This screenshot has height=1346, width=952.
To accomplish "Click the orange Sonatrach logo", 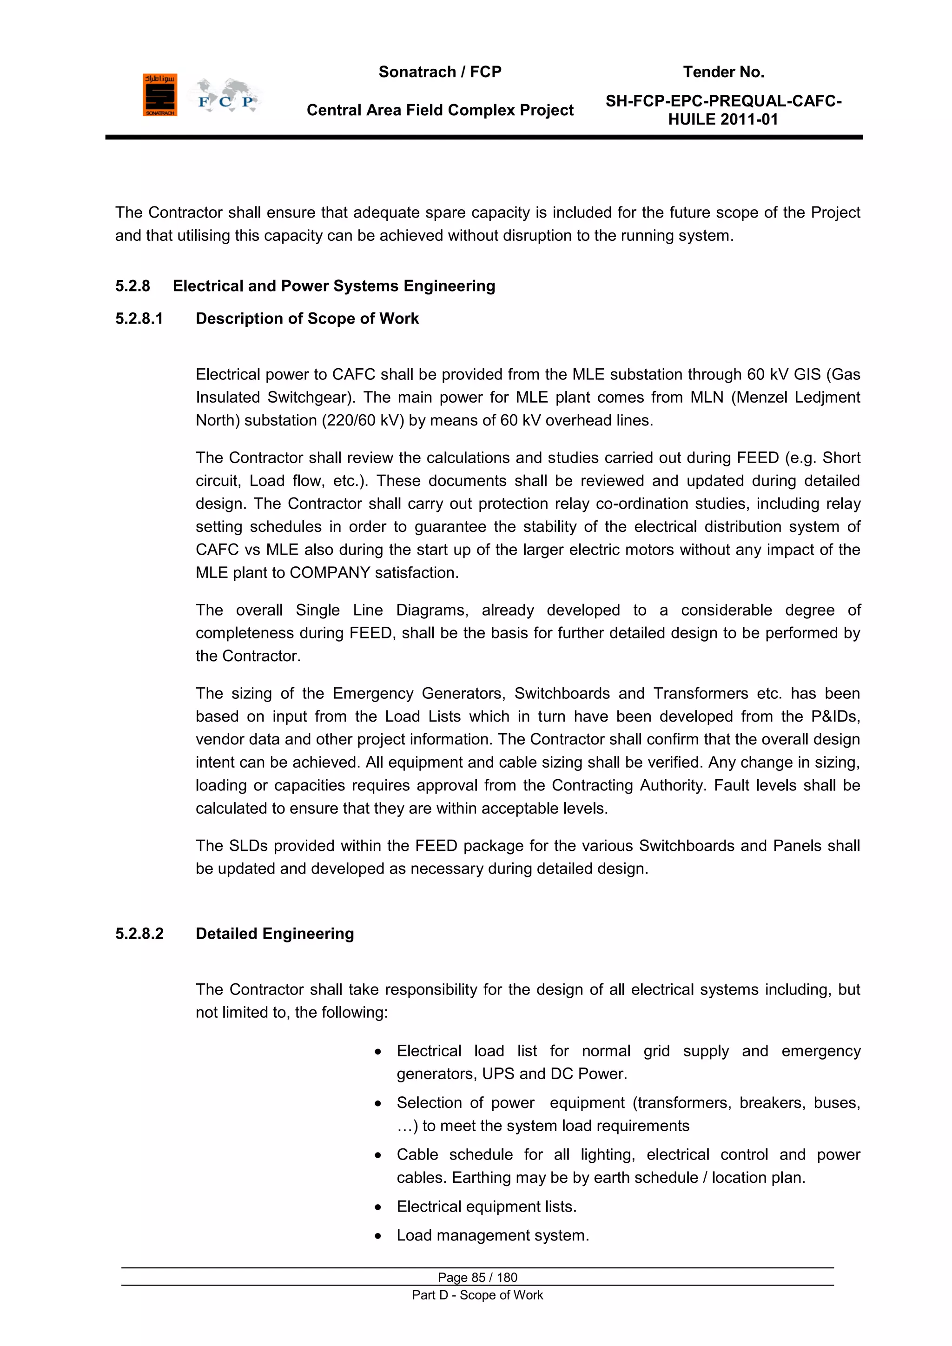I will pos(159,95).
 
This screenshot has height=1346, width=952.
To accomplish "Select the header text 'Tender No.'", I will pos(723,72).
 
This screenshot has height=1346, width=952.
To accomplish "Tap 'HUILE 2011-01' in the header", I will pos(723,119).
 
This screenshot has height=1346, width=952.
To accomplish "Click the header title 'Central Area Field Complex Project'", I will pos(440,110).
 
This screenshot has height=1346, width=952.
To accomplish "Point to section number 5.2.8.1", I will pos(139,319).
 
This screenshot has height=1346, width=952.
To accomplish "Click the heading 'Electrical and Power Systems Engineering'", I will pos(334,286).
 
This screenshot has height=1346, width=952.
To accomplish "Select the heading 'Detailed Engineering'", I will pos(274,934).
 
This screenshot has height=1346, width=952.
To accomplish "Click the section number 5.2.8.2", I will pos(139,934).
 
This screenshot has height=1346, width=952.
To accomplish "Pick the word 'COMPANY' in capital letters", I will pos(330,573).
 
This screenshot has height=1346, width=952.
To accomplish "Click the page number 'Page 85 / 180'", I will pos(477,1277).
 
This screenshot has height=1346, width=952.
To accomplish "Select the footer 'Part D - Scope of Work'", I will pos(477,1295).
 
